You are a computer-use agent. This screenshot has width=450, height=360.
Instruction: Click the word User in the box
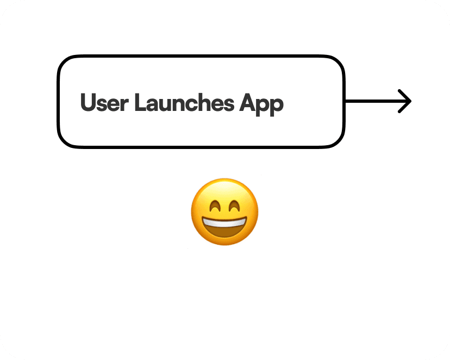pos(104,103)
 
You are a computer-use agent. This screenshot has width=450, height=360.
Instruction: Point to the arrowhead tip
pos(410,101)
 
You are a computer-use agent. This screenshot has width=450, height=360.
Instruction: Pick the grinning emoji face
pos(224,212)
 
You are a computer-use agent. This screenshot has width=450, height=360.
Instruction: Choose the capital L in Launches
pos(139,103)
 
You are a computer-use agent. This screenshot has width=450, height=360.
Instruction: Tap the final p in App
pos(277,104)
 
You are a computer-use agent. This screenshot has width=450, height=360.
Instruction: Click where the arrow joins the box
pos(345,101)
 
